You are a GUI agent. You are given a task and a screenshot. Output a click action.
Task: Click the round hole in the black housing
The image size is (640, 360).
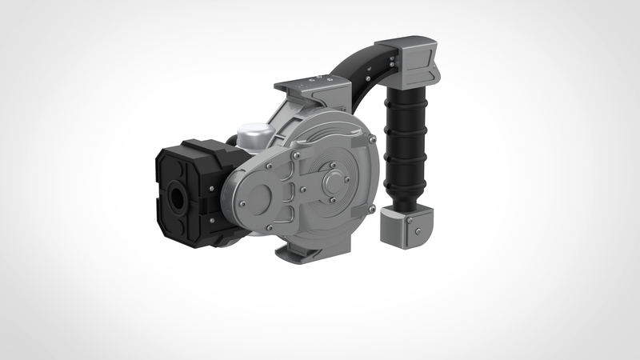pos(176,195)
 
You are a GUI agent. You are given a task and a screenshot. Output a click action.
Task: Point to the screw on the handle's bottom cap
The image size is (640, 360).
pos(418,233)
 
